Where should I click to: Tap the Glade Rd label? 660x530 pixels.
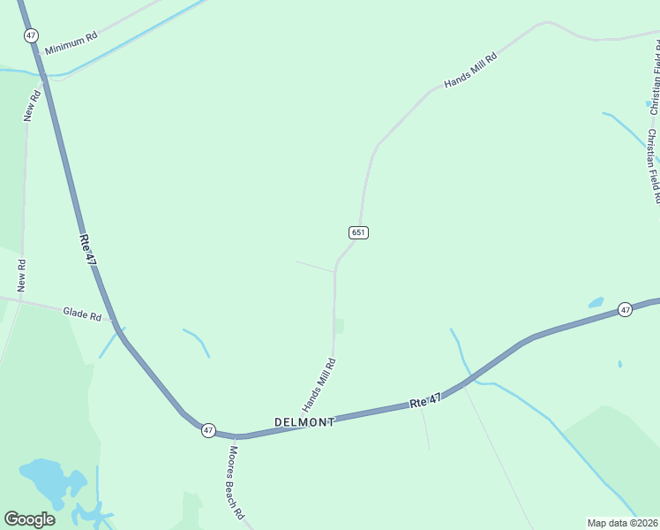[x=82, y=313]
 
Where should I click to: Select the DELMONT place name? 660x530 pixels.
[x=304, y=422]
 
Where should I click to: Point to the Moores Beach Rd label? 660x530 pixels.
[x=235, y=482]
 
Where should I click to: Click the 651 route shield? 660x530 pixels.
[x=358, y=232]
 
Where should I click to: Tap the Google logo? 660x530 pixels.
[x=29, y=519]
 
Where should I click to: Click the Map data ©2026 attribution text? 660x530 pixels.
[x=622, y=523]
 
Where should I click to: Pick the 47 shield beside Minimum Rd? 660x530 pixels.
[x=32, y=35]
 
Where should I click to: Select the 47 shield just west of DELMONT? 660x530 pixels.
[x=207, y=430]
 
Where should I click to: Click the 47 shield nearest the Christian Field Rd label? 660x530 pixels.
[x=625, y=309]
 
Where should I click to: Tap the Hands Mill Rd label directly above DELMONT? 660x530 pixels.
[x=319, y=384]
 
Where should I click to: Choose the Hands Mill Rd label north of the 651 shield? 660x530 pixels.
[x=470, y=69]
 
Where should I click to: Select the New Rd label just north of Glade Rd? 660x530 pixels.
[x=21, y=276]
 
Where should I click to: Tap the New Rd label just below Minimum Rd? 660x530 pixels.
[x=32, y=106]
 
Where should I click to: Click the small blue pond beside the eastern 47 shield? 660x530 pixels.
[x=596, y=303]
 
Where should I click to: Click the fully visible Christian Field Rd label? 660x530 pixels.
[x=652, y=166]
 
